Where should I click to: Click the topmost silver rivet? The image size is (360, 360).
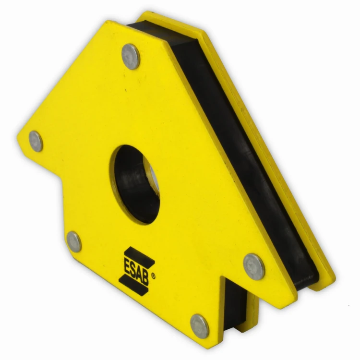coord(131,57)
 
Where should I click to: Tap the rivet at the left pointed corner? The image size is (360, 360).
coord(36,141)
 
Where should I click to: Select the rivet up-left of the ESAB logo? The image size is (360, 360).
coord(74,242)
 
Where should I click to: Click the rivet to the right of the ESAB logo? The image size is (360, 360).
coord(254,267)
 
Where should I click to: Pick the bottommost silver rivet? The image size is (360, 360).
coord(200,326)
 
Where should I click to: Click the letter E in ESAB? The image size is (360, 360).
coord(127,265)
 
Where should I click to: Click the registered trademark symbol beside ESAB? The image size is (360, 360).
coord(154,276)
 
